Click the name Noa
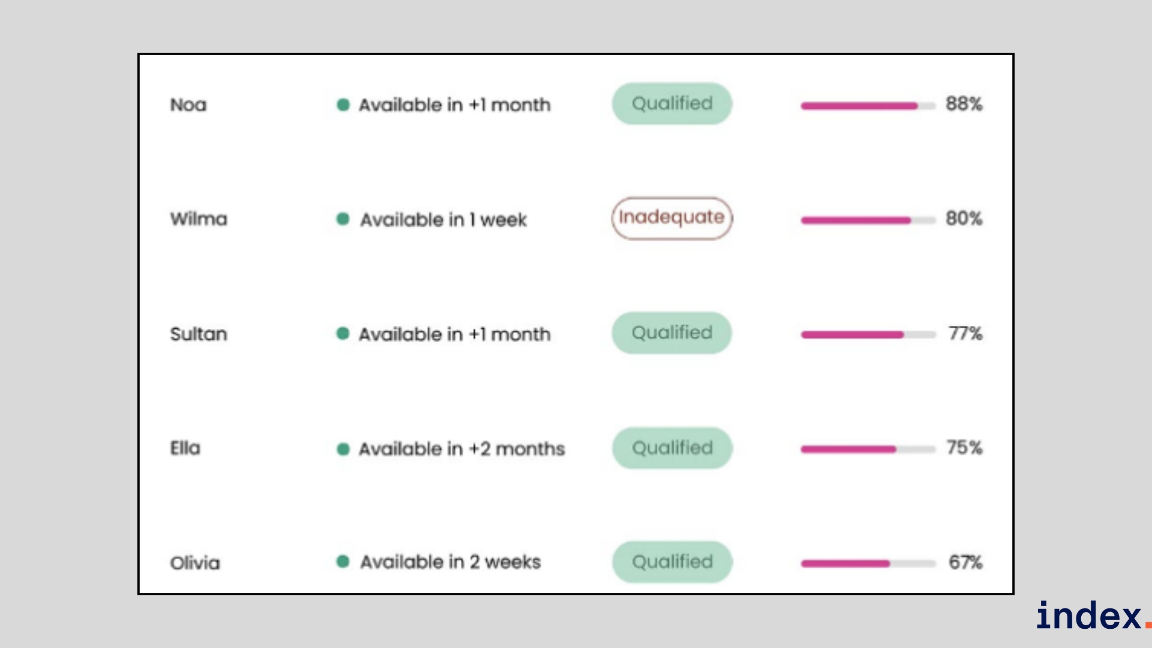[x=188, y=105]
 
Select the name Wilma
[x=199, y=219]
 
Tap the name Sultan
[x=199, y=334]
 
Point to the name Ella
[x=185, y=448]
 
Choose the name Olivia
[x=195, y=563]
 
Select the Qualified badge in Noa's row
[x=672, y=104]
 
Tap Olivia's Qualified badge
[x=672, y=562]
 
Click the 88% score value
[x=964, y=104]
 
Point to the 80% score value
[x=964, y=218]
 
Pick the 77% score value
[x=965, y=333]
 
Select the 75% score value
[x=964, y=448]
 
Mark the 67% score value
[x=965, y=562]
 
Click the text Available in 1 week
[x=443, y=220]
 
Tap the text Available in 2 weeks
[x=451, y=562]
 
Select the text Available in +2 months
[x=462, y=449]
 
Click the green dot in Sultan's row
[x=343, y=334]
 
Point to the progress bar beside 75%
[x=868, y=449]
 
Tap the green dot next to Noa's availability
[x=343, y=105]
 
